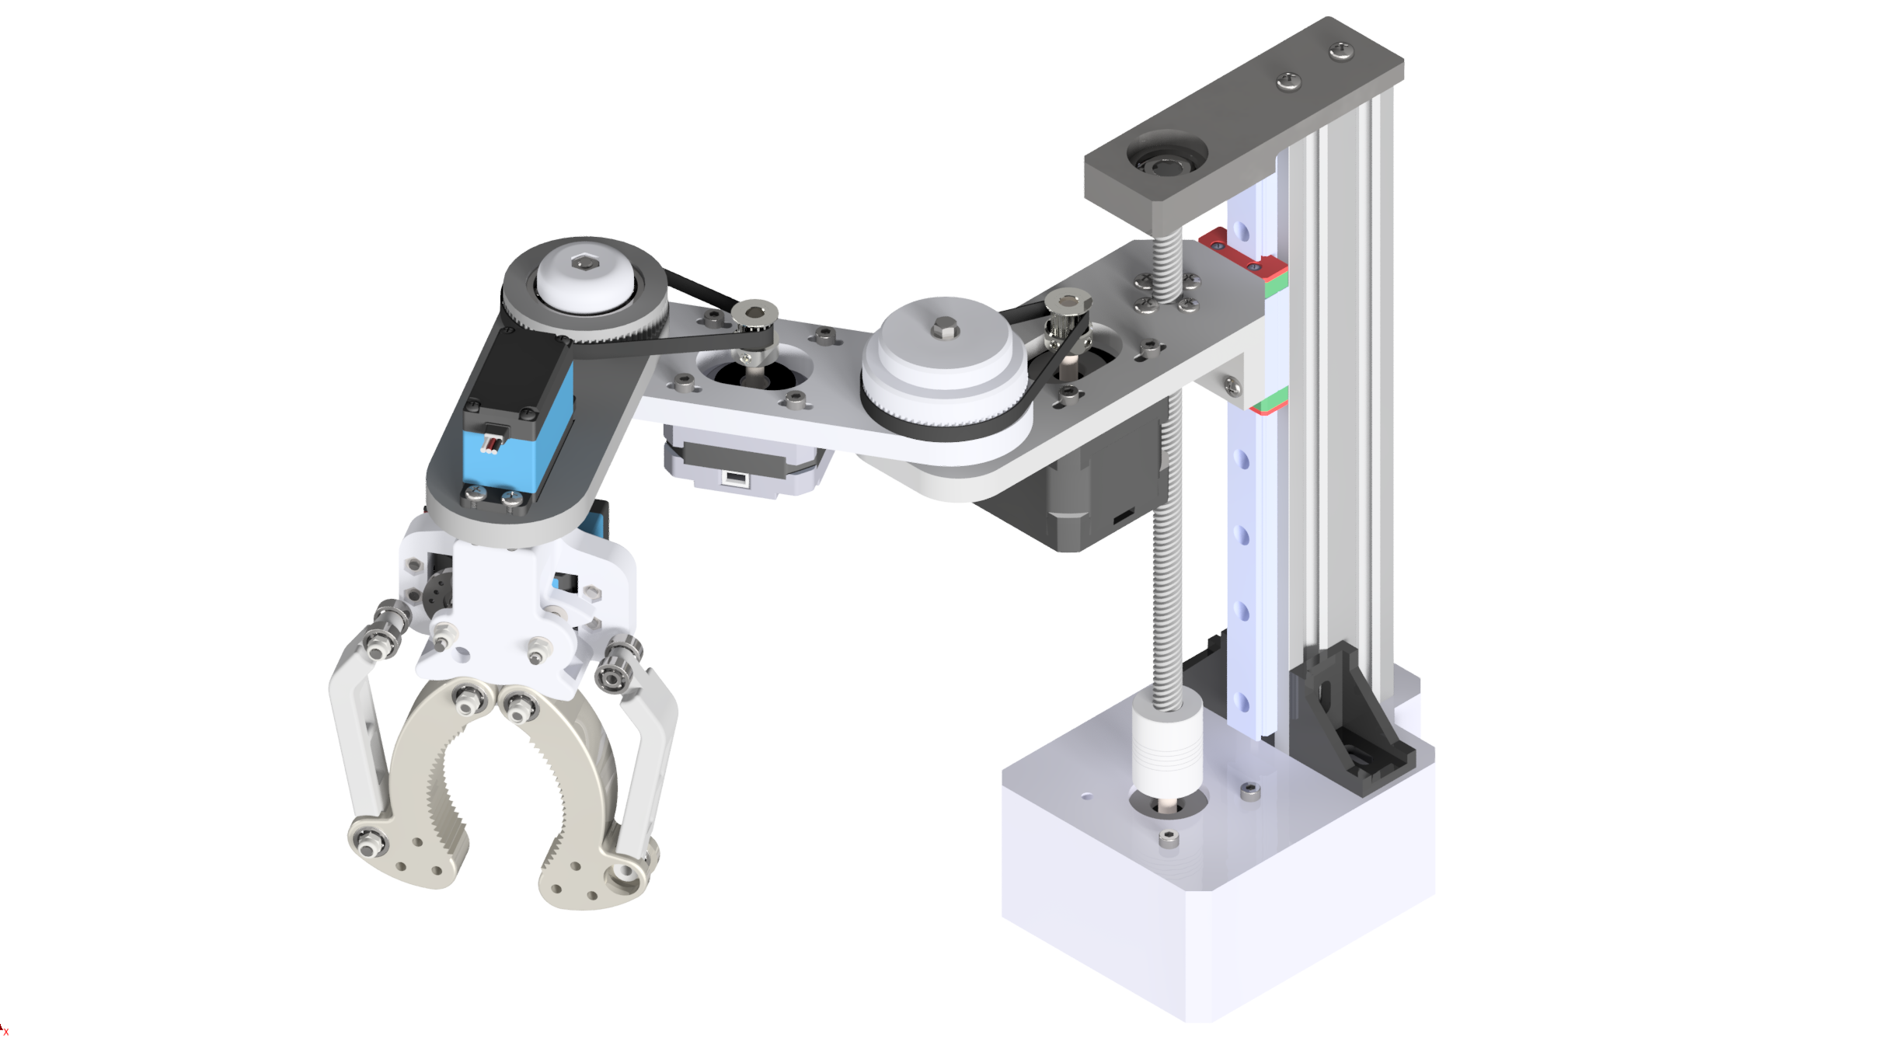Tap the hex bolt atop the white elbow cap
pos(581,264)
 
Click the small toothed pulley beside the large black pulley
pos(751,319)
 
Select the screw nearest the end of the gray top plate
pos(1341,53)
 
